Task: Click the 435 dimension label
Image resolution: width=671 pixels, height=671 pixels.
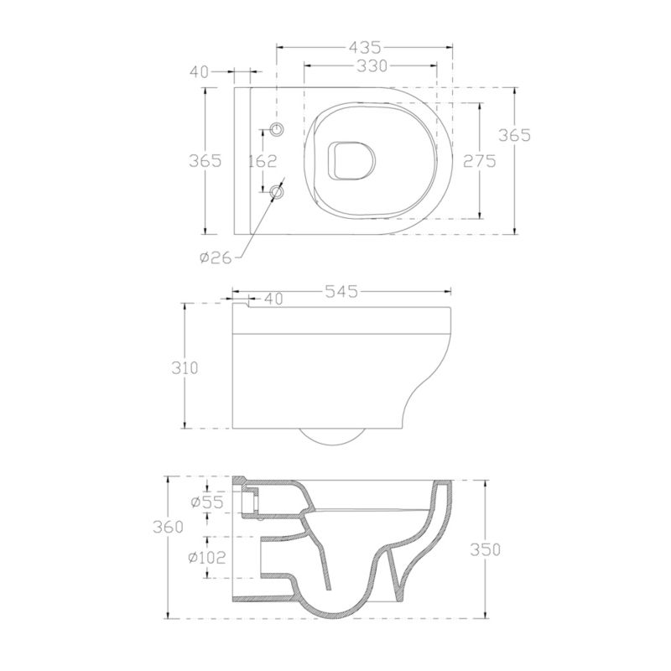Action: pos(365,47)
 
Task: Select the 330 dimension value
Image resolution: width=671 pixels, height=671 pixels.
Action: pos(372,66)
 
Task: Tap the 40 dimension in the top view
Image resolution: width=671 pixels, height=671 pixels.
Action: pos(199,72)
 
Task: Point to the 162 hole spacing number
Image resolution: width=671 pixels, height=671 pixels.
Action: pos(263,161)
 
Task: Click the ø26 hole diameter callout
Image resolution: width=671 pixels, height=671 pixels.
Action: pos(216,257)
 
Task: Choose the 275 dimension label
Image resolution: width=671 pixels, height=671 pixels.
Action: pos(480,161)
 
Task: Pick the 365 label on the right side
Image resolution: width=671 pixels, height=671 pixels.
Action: pos(515,135)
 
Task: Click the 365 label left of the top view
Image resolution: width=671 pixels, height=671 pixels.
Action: pos(205,161)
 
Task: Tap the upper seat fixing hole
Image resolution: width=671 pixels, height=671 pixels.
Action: pos(278,128)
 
